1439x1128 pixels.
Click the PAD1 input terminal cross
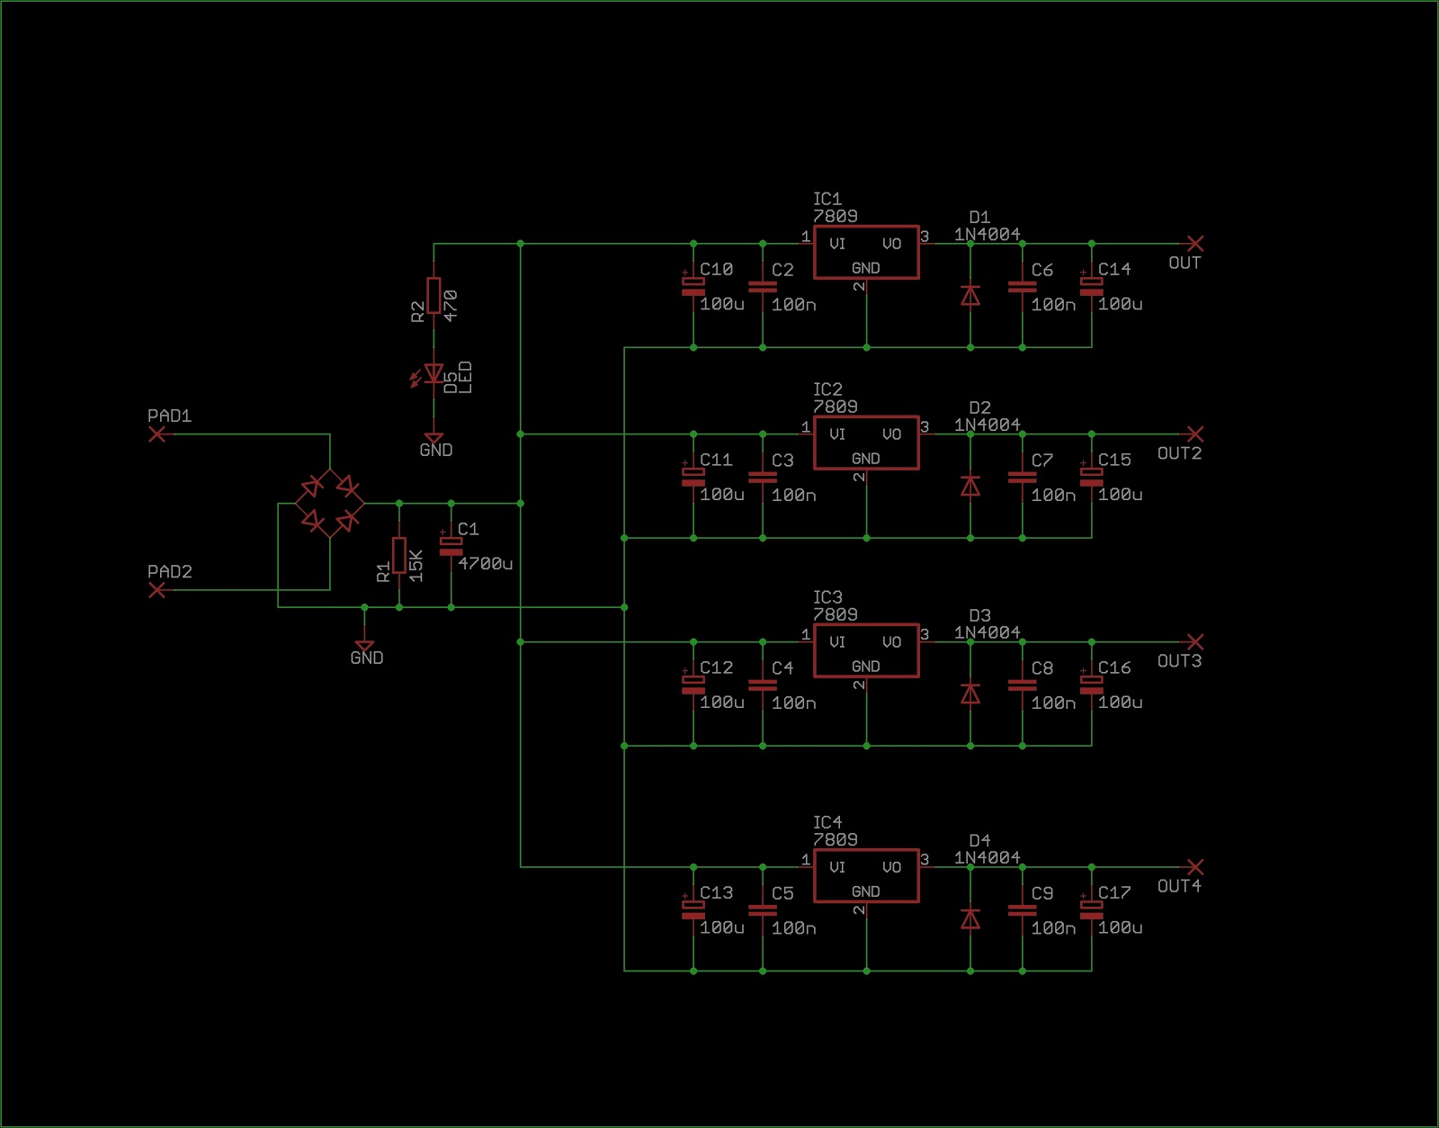157,434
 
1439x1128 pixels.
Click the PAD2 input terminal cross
157,590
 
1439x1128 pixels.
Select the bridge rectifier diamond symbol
330,504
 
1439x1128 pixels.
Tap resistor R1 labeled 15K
399,555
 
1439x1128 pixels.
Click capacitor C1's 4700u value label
485,564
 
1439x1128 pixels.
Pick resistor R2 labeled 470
433,295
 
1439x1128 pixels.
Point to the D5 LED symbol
433,373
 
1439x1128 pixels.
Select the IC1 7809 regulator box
866,253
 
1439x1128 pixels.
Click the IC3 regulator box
866,650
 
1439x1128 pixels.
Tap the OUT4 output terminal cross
1194,867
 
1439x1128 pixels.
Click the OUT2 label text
1179,453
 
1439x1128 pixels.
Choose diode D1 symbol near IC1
970,295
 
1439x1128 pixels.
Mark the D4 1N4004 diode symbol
970,918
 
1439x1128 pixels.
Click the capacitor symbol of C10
693,286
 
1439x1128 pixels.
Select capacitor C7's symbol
1023,477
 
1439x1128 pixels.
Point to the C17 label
1114,892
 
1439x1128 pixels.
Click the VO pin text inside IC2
891,434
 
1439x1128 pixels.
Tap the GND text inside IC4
865,891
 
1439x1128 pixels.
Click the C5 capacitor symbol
763,909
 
